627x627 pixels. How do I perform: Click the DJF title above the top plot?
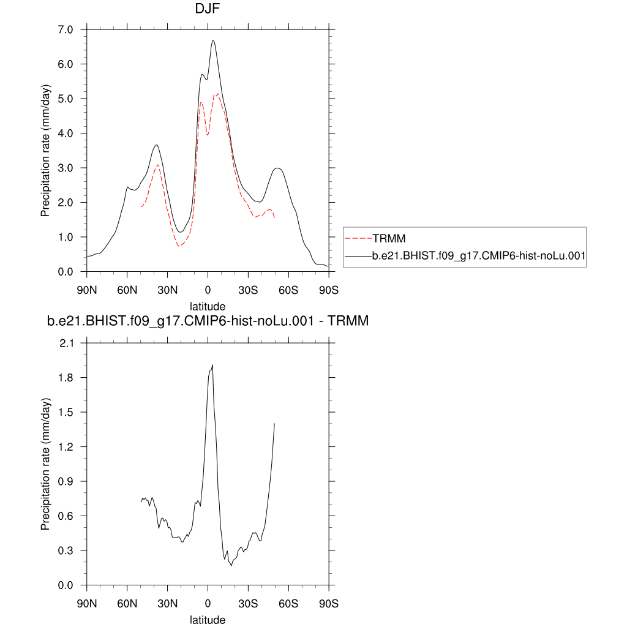click(208, 9)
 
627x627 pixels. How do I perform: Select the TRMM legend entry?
click(390, 238)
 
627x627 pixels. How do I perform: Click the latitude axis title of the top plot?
click(208, 306)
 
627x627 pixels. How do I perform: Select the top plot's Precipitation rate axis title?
click(45, 150)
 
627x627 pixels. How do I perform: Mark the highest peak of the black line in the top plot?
click(213, 40)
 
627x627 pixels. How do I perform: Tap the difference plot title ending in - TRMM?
click(208, 320)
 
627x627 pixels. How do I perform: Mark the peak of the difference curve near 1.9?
click(212, 365)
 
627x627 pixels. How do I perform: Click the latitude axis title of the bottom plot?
click(208, 620)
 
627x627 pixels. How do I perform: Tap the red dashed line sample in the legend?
click(359, 238)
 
